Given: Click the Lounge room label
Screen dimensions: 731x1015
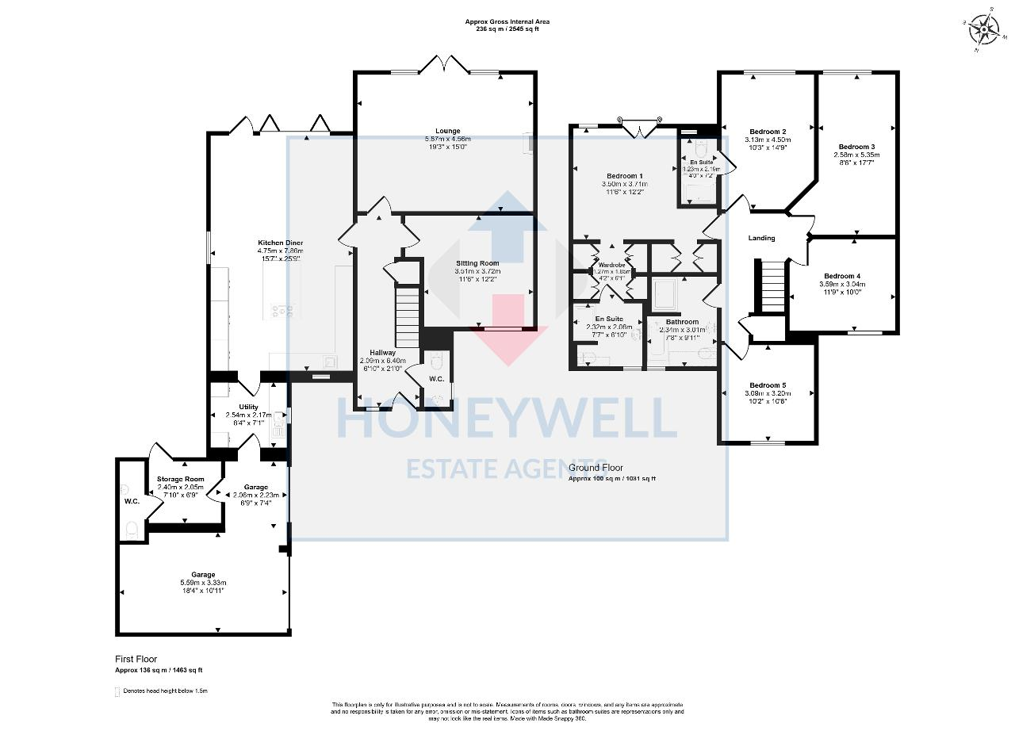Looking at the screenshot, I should tap(447, 131).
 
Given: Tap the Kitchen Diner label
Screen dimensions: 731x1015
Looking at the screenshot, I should tap(280, 243).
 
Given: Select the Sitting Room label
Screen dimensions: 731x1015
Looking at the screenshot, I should tap(477, 262).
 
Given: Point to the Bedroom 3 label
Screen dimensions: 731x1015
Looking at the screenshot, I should tap(856, 147).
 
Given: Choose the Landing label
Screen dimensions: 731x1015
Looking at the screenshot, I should tap(761, 238).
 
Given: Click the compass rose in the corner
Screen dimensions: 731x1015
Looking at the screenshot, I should tap(983, 31).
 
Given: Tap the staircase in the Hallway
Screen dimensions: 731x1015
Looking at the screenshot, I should tap(407, 316).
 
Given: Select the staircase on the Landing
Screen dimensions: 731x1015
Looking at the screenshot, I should tap(772, 286).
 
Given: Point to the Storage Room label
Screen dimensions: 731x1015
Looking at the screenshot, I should tap(180, 479).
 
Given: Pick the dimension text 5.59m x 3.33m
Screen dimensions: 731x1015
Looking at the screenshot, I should tap(203, 583).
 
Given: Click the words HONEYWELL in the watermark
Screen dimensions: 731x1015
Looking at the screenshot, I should tap(507, 418).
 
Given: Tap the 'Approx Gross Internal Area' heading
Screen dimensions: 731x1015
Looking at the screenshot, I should tap(507, 21).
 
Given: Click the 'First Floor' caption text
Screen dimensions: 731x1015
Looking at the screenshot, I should tap(136, 659).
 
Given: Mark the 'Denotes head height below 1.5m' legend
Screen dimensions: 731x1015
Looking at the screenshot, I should tap(165, 691).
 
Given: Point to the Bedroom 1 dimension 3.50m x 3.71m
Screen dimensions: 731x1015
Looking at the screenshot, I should tap(625, 184).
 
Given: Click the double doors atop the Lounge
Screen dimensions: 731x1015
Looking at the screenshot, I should tap(446, 65).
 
